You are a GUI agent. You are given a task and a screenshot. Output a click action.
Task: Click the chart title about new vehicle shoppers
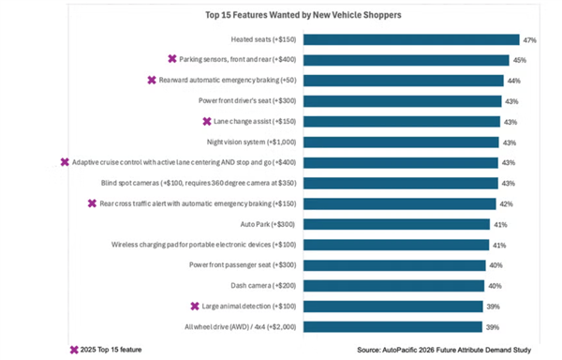pyautogui.click(x=303, y=15)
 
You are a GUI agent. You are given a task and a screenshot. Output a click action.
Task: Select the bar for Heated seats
pyautogui.click(x=411, y=39)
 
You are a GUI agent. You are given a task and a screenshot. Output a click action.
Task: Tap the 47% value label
pyautogui.click(x=529, y=40)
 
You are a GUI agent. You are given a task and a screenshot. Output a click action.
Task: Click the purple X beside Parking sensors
pyautogui.click(x=172, y=59)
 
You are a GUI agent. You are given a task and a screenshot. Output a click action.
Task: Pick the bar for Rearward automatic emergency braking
pyautogui.click(x=404, y=81)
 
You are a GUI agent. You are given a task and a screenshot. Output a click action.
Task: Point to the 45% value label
pyautogui.click(x=519, y=60)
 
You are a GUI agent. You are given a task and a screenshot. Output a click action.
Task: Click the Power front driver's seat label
pyautogui.click(x=247, y=100)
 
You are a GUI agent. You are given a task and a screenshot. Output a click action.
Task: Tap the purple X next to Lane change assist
pyautogui.click(x=207, y=122)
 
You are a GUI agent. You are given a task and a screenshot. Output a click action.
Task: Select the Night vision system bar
pyautogui.click(x=401, y=142)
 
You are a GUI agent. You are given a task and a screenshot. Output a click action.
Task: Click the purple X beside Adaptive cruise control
pyautogui.click(x=65, y=162)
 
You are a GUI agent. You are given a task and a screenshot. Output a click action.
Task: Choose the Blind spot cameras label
pyautogui.click(x=199, y=183)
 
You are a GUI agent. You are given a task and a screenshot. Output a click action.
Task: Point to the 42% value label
pyautogui.click(x=506, y=204)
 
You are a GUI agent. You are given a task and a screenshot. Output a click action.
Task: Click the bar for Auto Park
pyautogui.click(x=397, y=224)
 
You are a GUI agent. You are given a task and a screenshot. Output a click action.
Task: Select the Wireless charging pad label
pyautogui.click(x=203, y=245)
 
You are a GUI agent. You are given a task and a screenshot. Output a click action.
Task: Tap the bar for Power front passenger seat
pyautogui.click(x=394, y=265)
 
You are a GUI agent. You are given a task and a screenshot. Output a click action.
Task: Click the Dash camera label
pyautogui.click(x=263, y=285)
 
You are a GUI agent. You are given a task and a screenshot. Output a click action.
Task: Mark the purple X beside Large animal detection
pyautogui.click(x=195, y=306)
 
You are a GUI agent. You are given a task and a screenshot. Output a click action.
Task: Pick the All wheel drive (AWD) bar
pyautogui.click(x=392, y=327)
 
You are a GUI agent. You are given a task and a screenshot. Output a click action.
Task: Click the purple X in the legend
pyautogui.click(x=74, y=350)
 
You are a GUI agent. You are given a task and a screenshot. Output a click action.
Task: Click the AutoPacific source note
pyautogui.click(x=444, y=350)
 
